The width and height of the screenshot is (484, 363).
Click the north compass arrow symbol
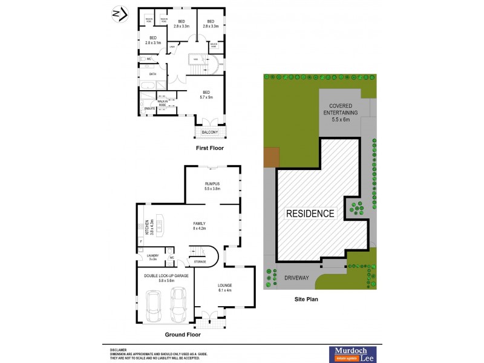(120, 13)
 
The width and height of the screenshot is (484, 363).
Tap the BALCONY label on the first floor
(210, 132)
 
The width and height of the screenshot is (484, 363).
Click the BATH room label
(152, 74)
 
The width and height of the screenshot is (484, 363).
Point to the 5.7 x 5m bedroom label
(207, 94)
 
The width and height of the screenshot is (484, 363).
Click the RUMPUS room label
(212, 186)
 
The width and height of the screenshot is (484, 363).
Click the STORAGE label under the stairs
(200, 261)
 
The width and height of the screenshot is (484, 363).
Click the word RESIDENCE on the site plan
(310, 214)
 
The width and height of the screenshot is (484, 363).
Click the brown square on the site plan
(270, 157)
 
